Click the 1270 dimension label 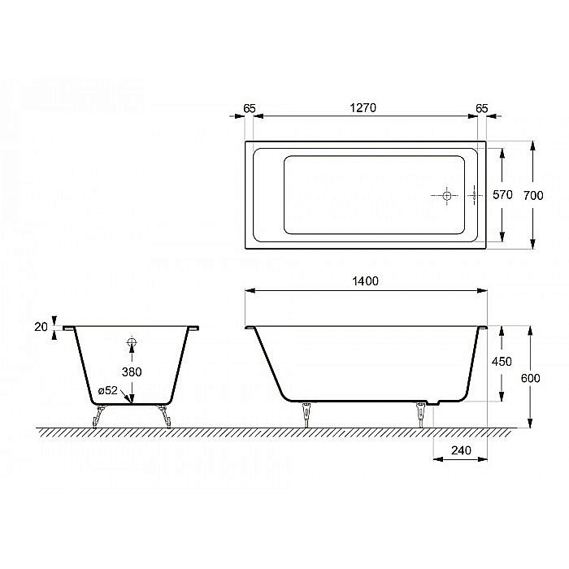tap(362, 108)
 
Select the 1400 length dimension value tap(367, 281)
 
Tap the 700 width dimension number tap(555, 195)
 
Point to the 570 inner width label tap(503, 195)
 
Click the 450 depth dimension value tap(502, 362)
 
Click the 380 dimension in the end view tap(132, 371)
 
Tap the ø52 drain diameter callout tap(108, 391)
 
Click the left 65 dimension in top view tap(250, 108)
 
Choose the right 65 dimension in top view tap(481, 108)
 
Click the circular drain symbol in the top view tap(446, 195)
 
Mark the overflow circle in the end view tap(132, 343)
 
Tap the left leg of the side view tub tap(307, 413)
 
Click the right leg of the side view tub tap(421, 413)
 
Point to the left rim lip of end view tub tap(68, 328)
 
